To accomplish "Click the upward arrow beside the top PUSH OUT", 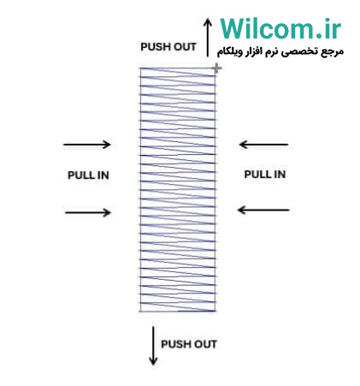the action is (x=208, y=38).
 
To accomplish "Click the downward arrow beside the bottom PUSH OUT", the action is (x=153, y=346).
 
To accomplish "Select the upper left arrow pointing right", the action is (x=87, y=145).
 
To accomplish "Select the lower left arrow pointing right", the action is (x=88, y=212).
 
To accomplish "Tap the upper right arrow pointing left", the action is (x=263, y=145).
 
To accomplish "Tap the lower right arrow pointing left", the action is (x=263, y=211).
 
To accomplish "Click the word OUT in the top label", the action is (x=185, y=47).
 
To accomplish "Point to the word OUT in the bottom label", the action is (x=205, y=344).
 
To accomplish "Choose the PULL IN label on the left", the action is (x=88, y=175).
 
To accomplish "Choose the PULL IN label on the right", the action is (x=265, y=175).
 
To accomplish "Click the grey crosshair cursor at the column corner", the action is (x=216, y=68).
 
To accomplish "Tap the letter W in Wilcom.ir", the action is (x=236, y=28).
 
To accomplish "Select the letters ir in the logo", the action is (x=333, y=28).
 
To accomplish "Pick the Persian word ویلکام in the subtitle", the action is (x=228, y=52).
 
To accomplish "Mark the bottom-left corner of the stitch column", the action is (x=140, y=312).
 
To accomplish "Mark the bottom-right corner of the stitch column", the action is (x=215, y=312).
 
